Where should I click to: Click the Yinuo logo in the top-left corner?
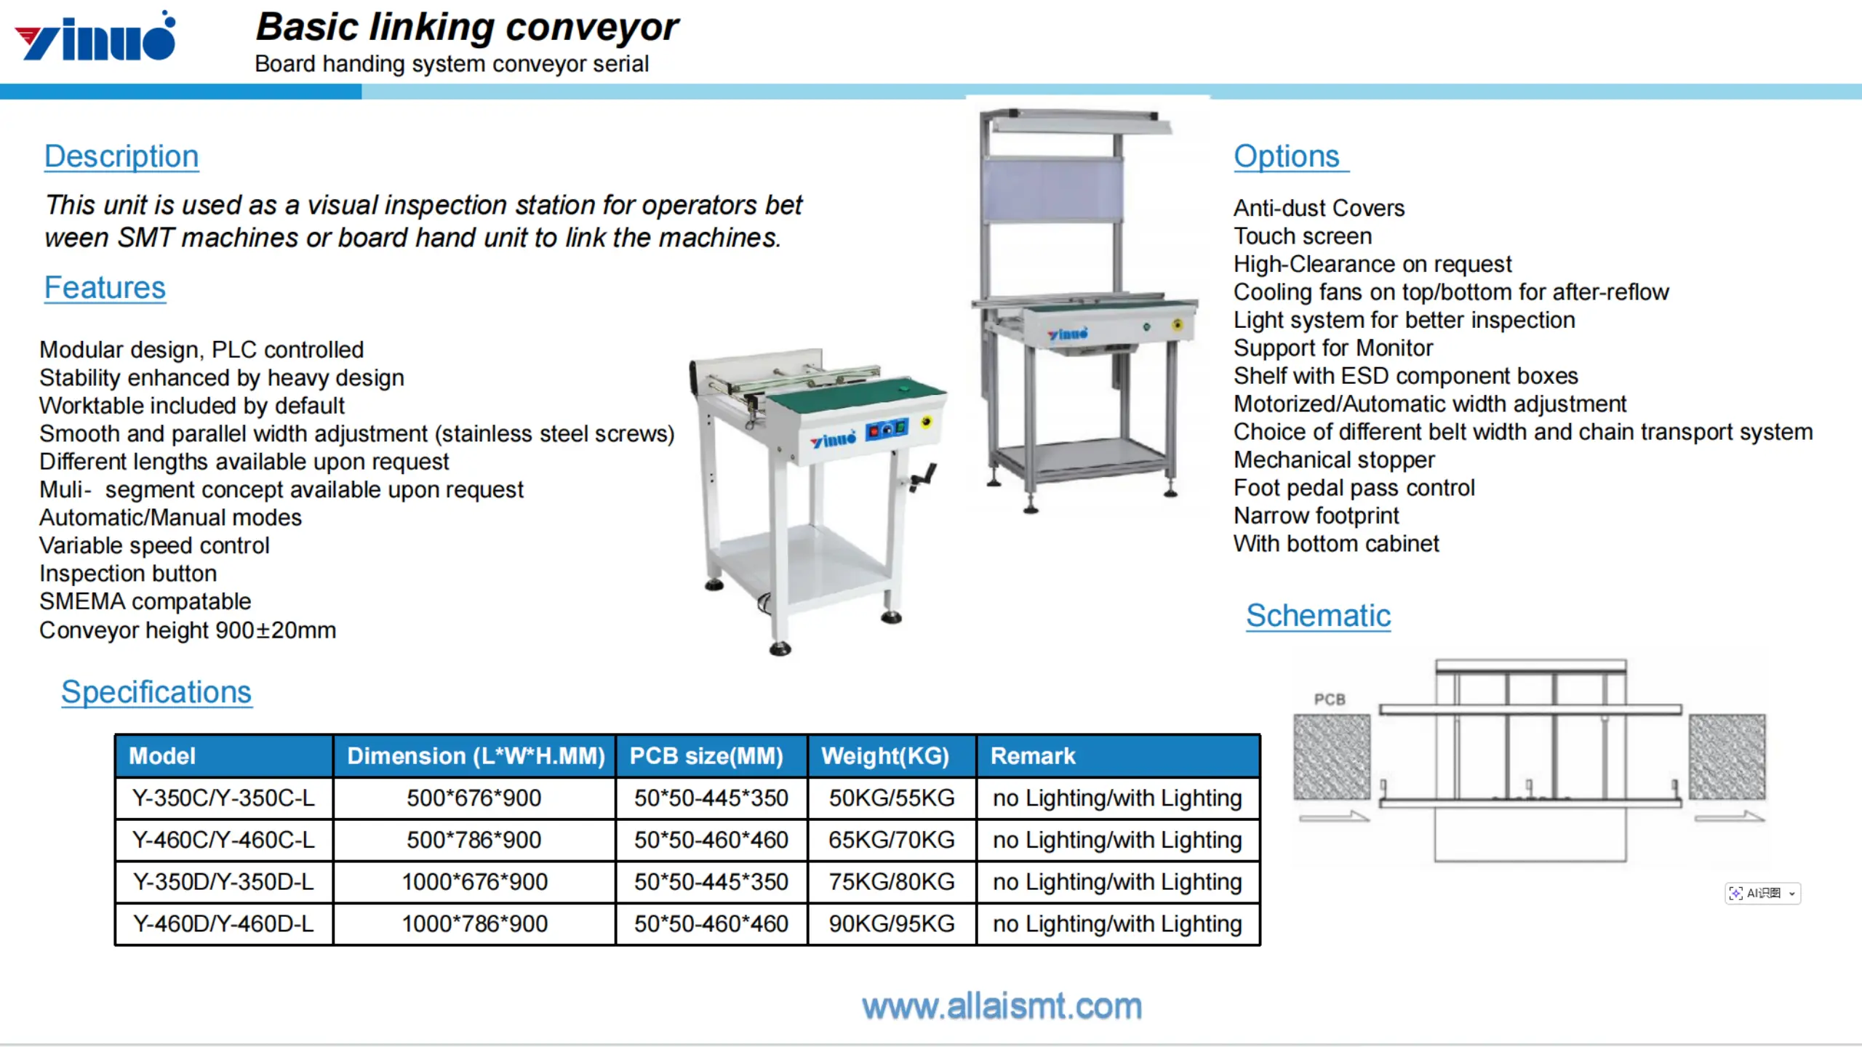[95, 36]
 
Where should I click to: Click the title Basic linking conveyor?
[467, 28]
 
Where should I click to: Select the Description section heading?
[121, 156]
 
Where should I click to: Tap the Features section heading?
[105, 288]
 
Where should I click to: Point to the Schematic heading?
[1318, 616]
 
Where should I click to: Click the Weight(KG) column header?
[885, 756]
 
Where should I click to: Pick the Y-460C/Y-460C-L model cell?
[223, 840]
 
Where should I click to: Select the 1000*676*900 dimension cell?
[474, 882]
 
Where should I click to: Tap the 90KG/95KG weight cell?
[892, 923]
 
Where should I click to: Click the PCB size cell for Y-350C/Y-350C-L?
[711, 798]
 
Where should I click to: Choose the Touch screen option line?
[1303, 236]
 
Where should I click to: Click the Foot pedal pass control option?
[1354, 488]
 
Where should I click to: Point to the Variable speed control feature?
[154, 545]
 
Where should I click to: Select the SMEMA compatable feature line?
[145, 601]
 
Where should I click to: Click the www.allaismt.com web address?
[1002, 1007]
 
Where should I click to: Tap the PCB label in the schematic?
[1330, 699]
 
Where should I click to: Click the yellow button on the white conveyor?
[927, 422]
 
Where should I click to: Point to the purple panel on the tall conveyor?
[1052, 190]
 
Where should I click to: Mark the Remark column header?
[1033, 756]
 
